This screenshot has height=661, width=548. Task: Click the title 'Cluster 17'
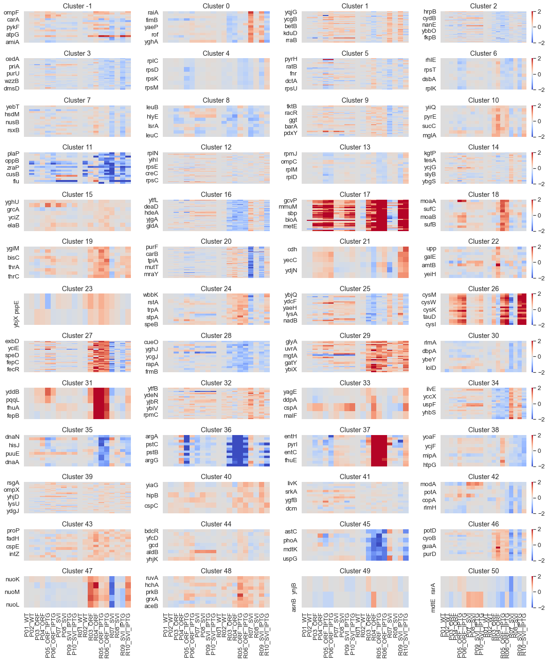pos(355,194)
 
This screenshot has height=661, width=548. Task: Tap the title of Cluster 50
pos(483,571)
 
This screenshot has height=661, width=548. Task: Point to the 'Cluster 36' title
pos(216,429)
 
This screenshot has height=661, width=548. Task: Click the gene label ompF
pos(12,13)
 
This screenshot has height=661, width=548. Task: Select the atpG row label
pos(13,35)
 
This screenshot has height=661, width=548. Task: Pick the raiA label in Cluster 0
pos(153,13)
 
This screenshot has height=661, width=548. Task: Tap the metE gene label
pos(290,226)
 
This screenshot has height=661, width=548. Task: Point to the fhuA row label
pos(13,408)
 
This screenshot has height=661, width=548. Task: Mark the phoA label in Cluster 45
pos(290,541)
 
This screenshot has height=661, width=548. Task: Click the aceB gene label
pos(151,606)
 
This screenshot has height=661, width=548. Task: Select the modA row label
pos(428,484)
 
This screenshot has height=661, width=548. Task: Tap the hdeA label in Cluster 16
pos(151,213)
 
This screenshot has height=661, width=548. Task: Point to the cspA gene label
pos(290,408)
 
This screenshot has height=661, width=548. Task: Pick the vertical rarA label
pos(433,588)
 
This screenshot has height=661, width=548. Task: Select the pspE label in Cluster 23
pos(17,307)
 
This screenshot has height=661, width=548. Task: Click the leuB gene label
pos(152,107)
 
